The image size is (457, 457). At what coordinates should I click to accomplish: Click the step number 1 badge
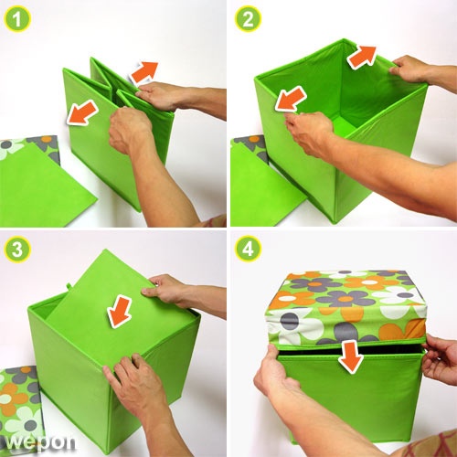[x=16, y=19]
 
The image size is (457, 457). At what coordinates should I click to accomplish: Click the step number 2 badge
[x=248, y=19]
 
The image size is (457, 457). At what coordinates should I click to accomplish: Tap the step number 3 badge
[x=17, y=250]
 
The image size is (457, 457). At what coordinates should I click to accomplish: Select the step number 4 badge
[x=248, y=250]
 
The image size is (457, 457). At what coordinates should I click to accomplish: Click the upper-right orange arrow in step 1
[x=143, y=72]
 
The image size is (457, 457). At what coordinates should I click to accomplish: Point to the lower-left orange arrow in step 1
[x=82, y=113]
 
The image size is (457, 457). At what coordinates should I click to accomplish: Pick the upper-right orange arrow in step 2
[x=362, y=58]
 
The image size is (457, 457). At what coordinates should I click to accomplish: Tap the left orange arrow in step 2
[x=291, y=99]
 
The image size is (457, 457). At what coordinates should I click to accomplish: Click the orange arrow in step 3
[x=119, y=311]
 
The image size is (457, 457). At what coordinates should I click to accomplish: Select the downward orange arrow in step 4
[x=351, y=357]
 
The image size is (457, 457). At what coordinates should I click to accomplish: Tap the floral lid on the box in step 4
[x=346, y=308]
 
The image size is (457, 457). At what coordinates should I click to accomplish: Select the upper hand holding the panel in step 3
[x=166, y=290]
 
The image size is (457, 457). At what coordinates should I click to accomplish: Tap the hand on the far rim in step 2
[x=409, y=69]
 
